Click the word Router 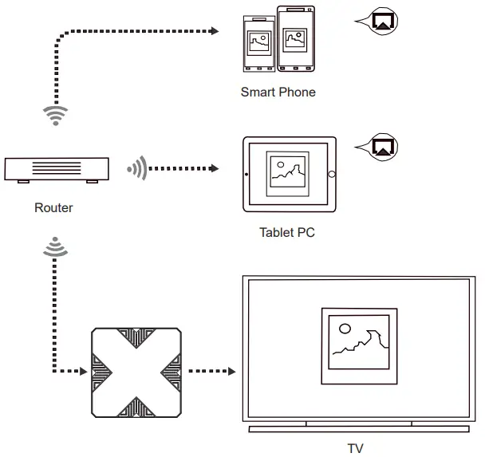[x=53, y=208]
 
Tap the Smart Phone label [x=278, y=92]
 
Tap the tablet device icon [x=289, y=174]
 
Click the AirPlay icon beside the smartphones [x=383, y=22]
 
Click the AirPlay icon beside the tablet [x=383, y=146]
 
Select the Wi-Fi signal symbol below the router [x=53, y=246]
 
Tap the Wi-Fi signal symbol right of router [x=136, y=169]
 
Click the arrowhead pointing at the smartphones [x=214, y=32]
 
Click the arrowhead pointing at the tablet [x=214, y=169]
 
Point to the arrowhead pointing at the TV [x=231, y=372]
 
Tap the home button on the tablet [x=332, y=175]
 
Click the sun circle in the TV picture [x=345, y=328]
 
